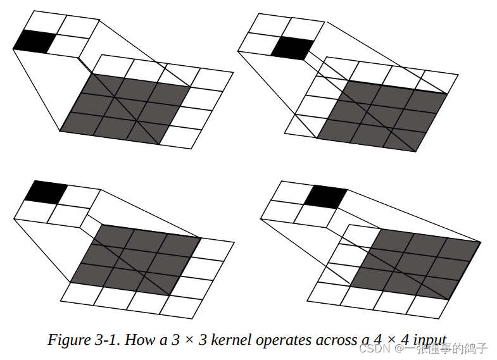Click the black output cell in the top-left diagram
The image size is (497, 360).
[32, 42]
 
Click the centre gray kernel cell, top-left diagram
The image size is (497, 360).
[125, 106]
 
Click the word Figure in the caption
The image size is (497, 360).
[67, 340]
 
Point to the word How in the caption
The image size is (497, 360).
[139, 340]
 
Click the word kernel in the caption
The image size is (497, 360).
[230, 340]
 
